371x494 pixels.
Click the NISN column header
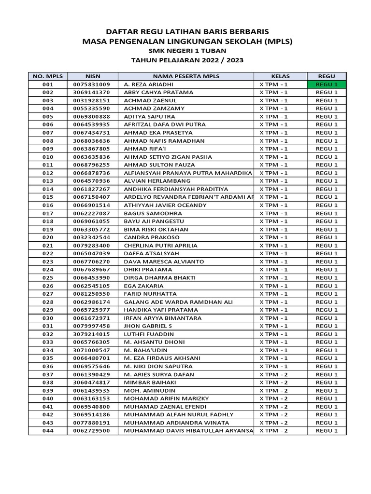92,76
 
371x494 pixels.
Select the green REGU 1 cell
327,84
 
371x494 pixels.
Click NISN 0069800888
92,116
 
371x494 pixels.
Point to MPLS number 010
48,157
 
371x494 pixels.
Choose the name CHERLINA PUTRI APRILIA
160,246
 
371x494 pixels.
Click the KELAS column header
280,76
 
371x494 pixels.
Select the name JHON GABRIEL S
147,326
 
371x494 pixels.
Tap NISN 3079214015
92,334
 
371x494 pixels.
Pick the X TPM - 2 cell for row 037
273,374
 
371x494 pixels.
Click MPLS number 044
48,431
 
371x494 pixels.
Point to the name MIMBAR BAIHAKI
148,383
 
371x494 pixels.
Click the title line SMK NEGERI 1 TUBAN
186,51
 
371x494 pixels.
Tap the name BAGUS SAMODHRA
153,213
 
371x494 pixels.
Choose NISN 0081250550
92,294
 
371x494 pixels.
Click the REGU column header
327,76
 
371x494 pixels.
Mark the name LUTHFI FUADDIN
148,334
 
